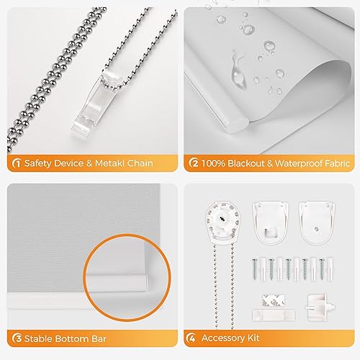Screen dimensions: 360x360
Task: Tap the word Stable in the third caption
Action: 40,338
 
